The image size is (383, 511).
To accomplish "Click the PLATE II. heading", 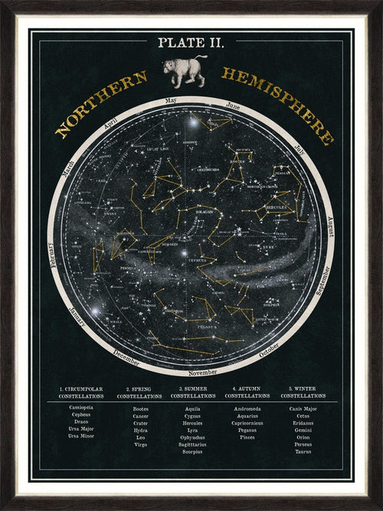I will coord(191,42).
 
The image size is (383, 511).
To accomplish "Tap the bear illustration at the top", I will coord(185,69).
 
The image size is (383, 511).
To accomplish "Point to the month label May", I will coord(171,100).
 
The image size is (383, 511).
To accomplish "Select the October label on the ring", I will coord(270,351).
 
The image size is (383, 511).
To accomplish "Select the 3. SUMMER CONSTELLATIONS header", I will coord(193,393).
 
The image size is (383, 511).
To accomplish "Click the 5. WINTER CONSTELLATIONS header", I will coord(303,393).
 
